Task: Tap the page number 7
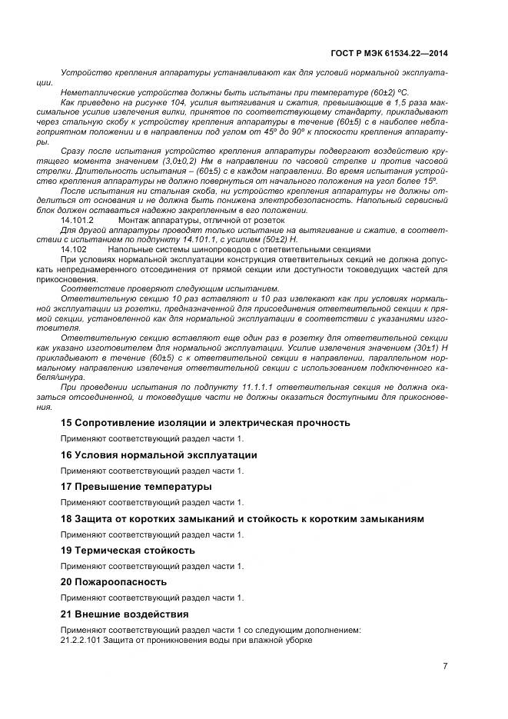click(445, 665)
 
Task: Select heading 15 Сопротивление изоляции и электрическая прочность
click(205, 422)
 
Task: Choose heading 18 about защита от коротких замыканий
click(242, 519)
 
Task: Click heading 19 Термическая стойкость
click(128, 551)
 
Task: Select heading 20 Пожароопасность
click(114, 582)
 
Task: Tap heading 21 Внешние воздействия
click(125, 614)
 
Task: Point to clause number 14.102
click(73, 249)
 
